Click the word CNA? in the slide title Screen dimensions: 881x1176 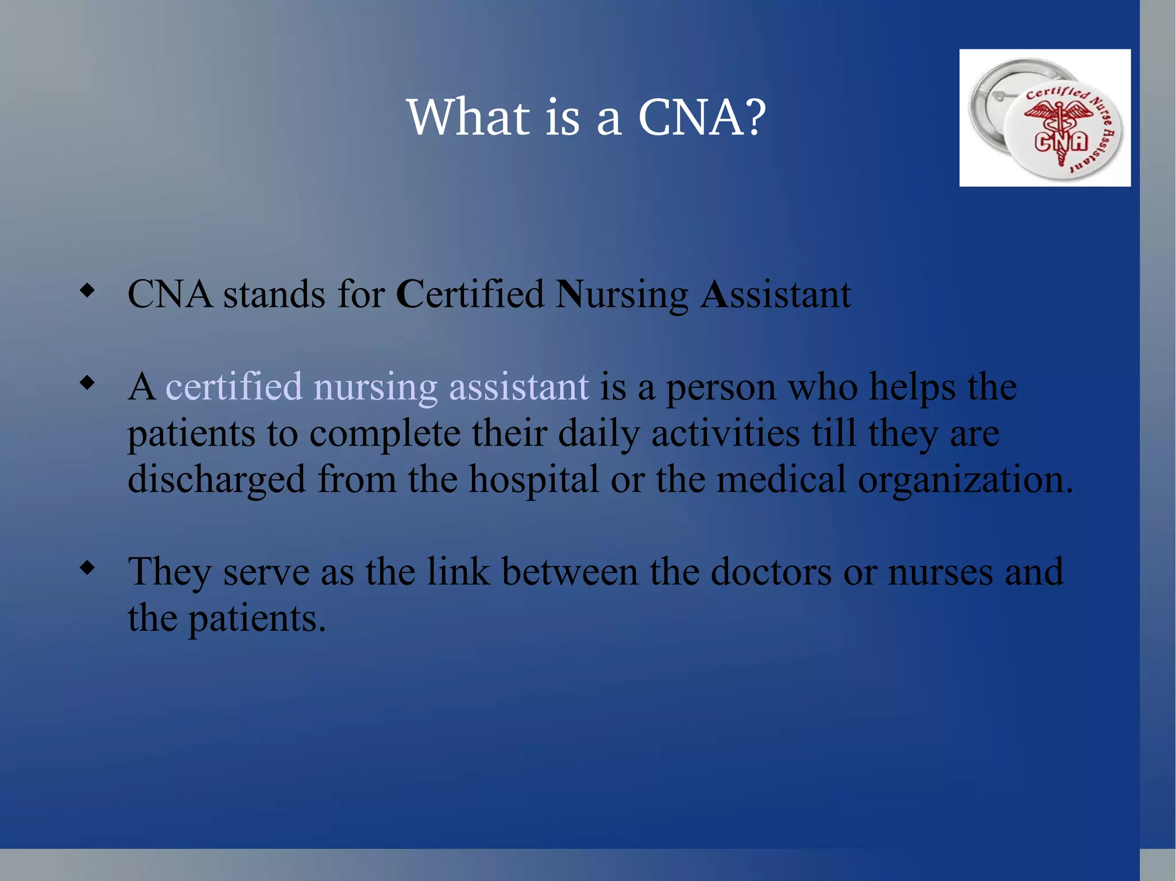[702, 117]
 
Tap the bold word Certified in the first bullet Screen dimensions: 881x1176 [470, 294]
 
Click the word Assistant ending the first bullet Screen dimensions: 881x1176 [775, 294]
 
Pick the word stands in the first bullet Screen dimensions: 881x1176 [274, 294]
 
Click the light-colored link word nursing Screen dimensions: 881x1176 [376, 387]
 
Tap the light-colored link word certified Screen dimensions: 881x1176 [234, 386]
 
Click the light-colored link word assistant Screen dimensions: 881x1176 [519, 387]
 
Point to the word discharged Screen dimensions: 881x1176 [216, 480]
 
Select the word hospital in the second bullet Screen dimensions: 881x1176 [534, 480]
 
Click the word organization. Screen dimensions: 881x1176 [965, 480]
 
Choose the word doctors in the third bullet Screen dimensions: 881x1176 [771, 572]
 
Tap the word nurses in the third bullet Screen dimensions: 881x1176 [940, 573]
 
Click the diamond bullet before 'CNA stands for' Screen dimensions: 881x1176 [87, 290]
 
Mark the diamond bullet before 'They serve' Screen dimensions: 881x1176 [87, 568]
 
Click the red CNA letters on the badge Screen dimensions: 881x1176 [1061, 142]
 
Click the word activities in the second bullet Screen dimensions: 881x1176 [725, 433]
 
